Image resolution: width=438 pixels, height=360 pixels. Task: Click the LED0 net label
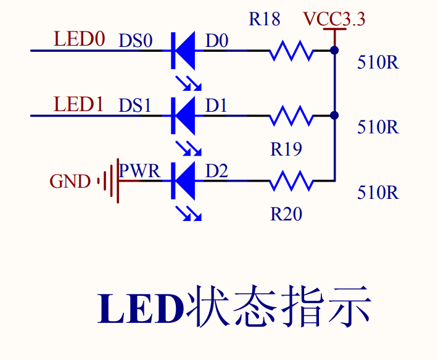pos(80,39)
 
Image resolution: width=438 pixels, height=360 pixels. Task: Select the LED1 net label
pos(80,104)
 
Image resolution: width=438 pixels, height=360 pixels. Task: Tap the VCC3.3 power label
pos(334,20)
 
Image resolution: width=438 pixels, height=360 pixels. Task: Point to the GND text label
pos(70,182)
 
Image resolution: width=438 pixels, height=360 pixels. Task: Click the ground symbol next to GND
pos(109,181)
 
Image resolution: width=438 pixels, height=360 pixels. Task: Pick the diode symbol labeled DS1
pos(183,115)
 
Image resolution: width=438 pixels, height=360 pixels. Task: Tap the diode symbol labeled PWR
pos(183,181)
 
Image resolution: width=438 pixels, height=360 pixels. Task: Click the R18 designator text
pos(265,19)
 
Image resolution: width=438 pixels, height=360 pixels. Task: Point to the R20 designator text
pos(286,214)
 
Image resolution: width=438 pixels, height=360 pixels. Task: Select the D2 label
pos(217,171)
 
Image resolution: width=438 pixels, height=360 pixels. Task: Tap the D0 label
pos(217,41)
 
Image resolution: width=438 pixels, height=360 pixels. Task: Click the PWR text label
pos(140,171)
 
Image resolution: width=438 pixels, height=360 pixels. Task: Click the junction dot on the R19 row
pos(334,115)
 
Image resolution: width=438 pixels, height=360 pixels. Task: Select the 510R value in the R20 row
pos(378,193)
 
